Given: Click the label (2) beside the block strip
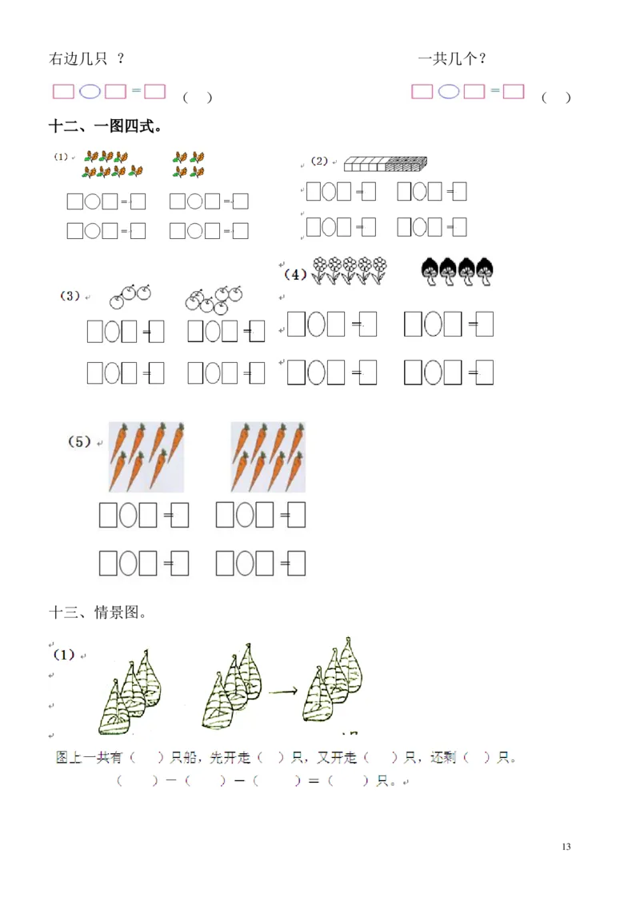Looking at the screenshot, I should click(x=319, y=161).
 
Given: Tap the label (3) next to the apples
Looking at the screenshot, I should click(x=70, y=296).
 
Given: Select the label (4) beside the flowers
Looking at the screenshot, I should click(x=295, y=274).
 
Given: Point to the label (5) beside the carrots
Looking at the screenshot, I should click(x=79, y=441).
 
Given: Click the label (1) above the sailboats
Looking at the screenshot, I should click(x=63, y=655).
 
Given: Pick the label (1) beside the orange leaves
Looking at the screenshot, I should click(x=61, y=157).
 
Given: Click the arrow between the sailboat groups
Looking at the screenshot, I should click(x=283, y=691).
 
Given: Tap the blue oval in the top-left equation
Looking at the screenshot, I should click(x=90, y=92).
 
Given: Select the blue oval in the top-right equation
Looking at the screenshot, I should click(x=449, y=92).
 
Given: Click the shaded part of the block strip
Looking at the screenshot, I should click(x=406, y=164).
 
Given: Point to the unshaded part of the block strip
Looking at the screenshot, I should click(x=365, y=164).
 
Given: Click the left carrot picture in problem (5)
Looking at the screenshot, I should click(x=146, y=456).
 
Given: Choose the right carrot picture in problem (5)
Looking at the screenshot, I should click(x=269, y=456).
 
